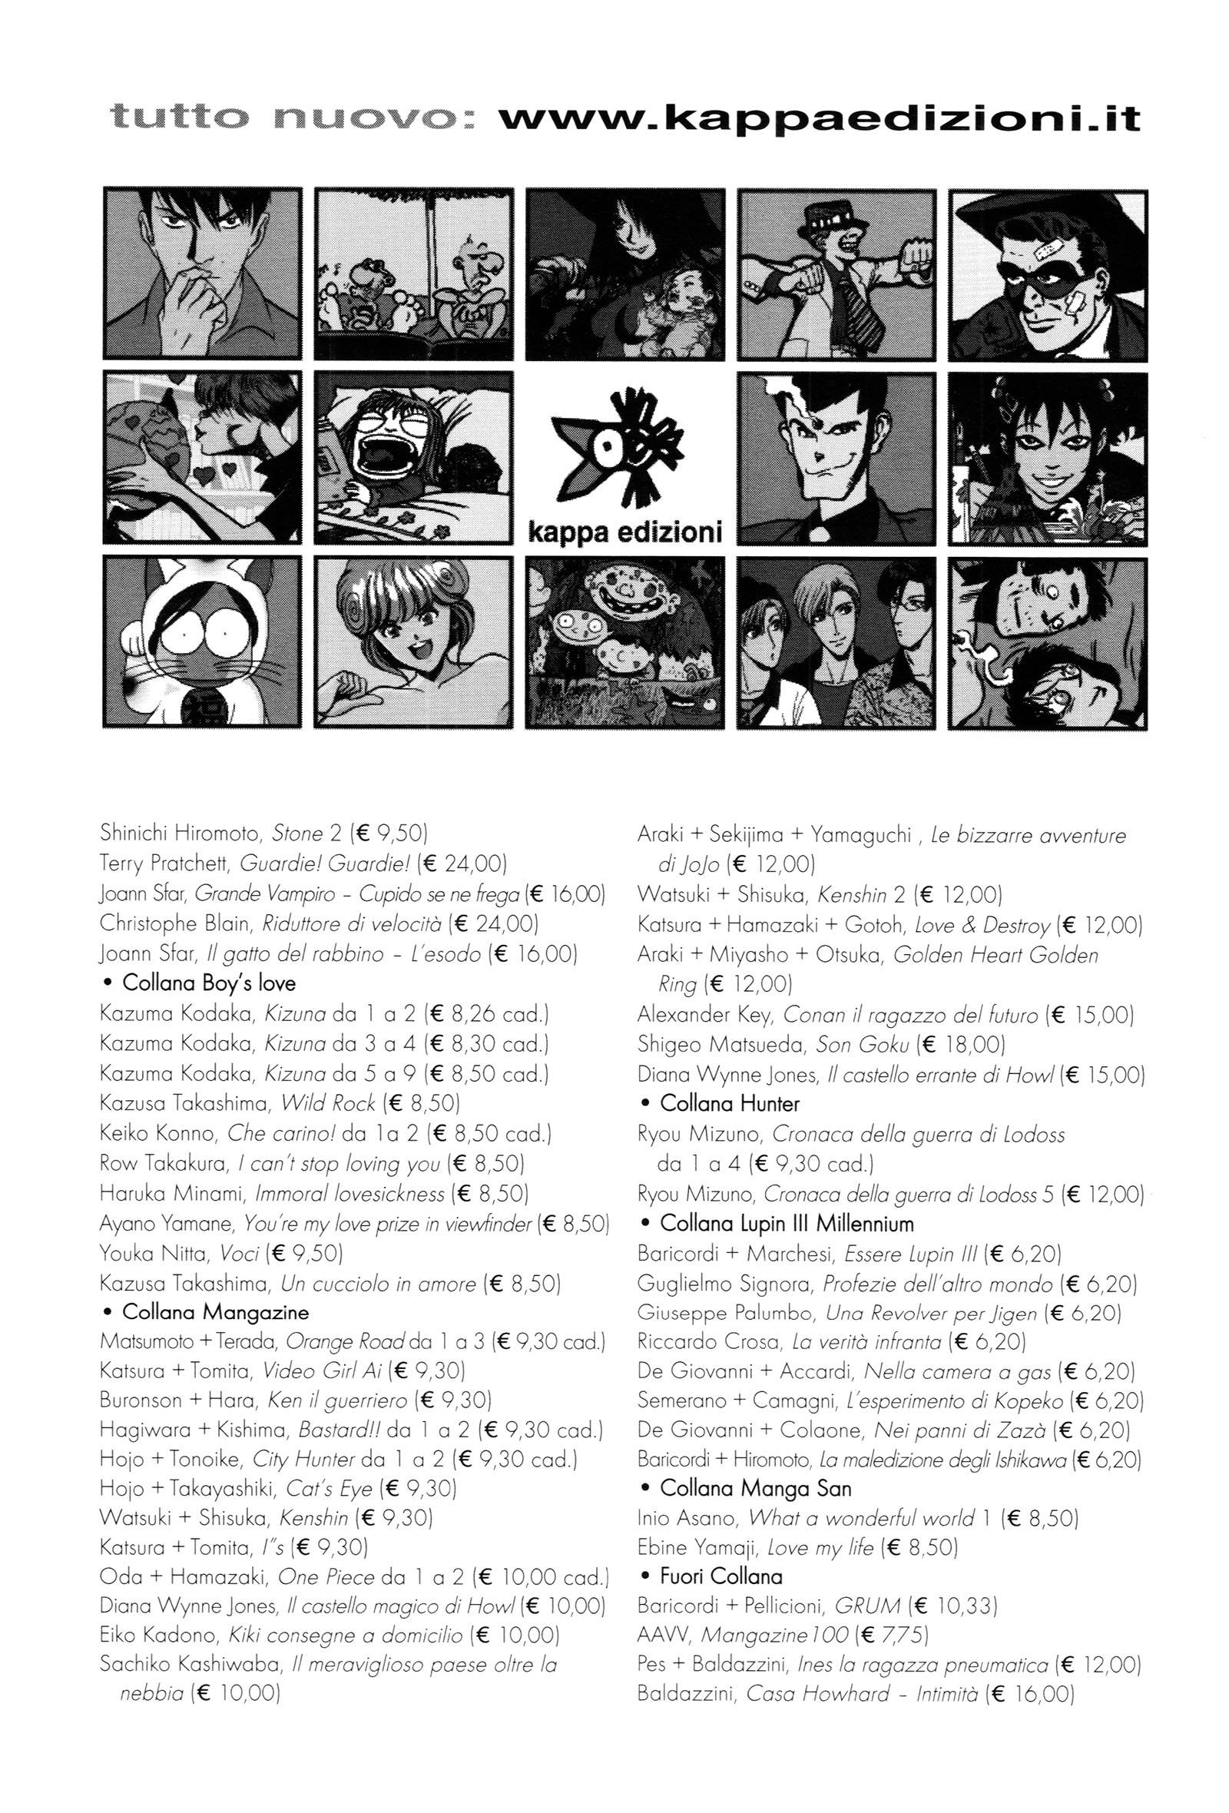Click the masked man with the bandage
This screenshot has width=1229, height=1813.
[1047, 273]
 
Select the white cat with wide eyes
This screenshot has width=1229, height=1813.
[201, 641]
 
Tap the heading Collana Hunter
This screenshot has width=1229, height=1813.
[729, 1103]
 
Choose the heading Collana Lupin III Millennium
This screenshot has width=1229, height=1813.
[786, 1222]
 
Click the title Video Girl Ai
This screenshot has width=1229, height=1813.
[322, 1370]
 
